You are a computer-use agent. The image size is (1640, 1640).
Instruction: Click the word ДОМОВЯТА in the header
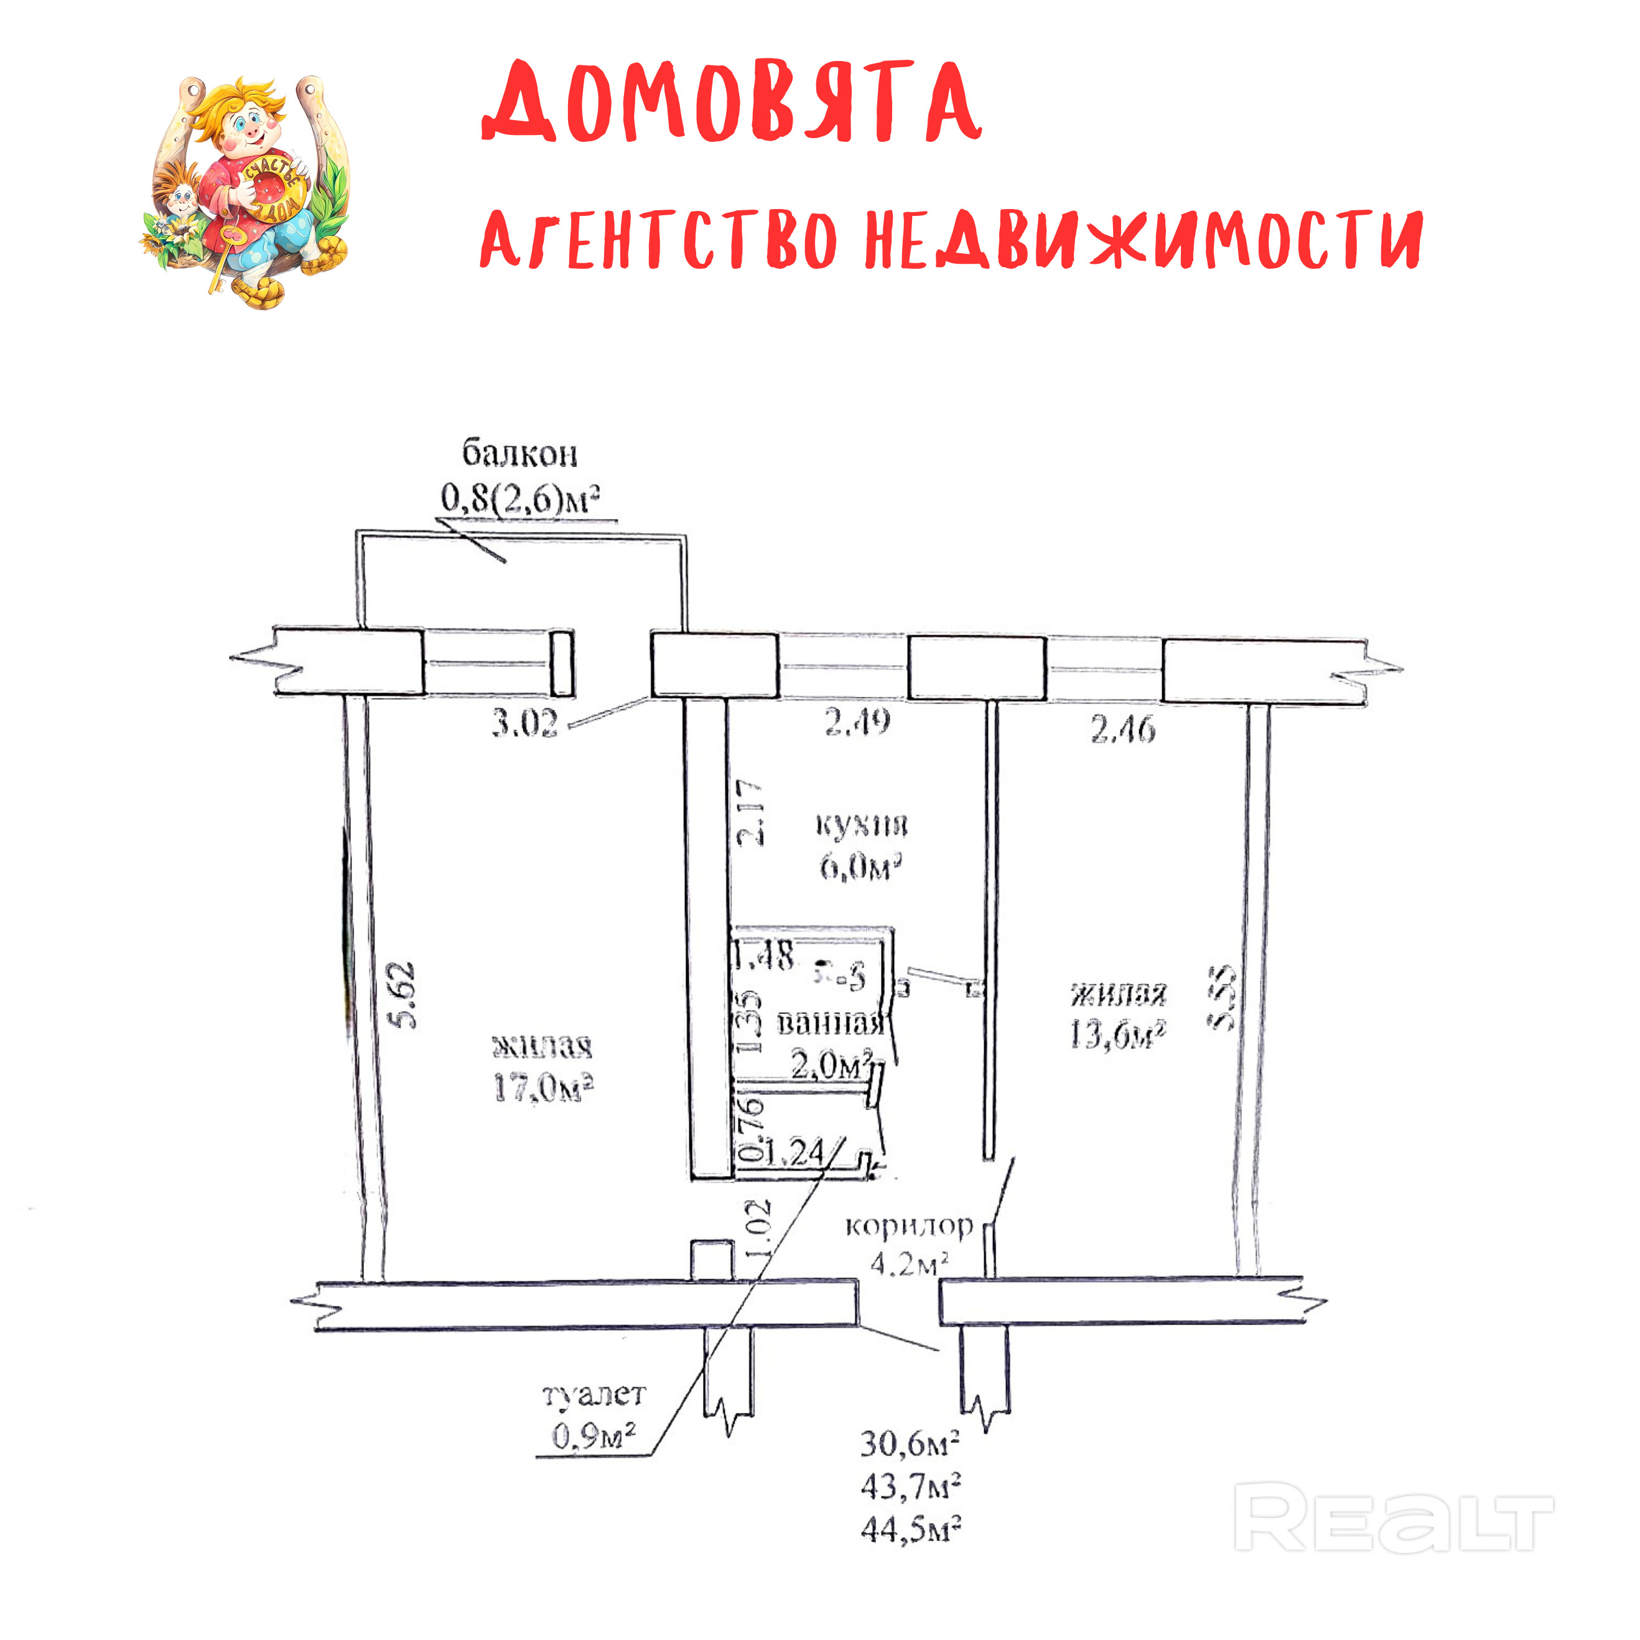732,102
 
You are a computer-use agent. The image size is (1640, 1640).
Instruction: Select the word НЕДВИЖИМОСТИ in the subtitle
1142,240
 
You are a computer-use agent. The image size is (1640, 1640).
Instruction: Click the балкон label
519,454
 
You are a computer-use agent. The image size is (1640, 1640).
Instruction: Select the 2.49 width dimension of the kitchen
857,722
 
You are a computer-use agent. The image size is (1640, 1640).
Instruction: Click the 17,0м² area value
543,1088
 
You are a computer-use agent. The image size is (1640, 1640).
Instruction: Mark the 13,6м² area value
1118,1035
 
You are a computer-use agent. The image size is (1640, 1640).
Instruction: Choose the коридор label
908,1226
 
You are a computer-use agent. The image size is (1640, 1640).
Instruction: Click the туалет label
594,1394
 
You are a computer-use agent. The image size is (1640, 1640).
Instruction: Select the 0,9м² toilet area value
594,1435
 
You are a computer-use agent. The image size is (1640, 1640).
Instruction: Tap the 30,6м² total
910,1443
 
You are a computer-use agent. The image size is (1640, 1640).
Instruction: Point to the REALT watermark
1392,1518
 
